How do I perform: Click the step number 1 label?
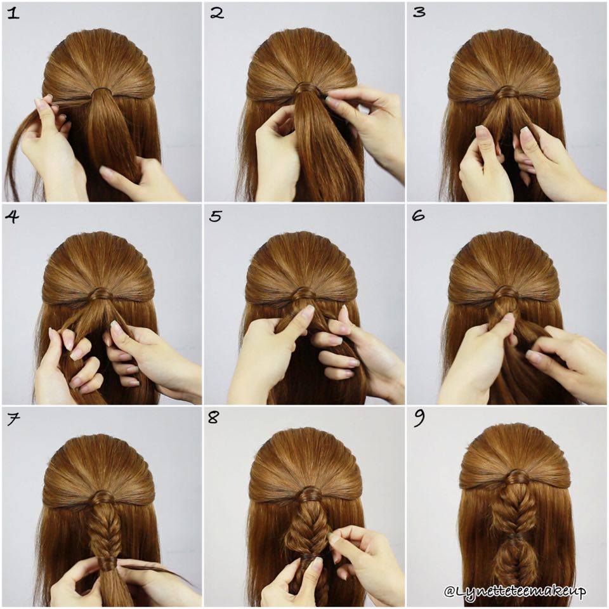[12, 13]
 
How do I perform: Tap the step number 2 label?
[217, 13]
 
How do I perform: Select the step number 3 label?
[419, 13]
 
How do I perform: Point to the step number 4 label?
[12, 216]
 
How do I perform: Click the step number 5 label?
[216, 216]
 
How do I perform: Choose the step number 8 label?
[214, 419]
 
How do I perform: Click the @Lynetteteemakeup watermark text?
[514, 591]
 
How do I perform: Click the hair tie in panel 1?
[101, 92]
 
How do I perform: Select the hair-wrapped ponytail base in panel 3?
[506, 92]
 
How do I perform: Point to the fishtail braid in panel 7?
[100, 527]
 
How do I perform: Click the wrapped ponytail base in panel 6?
[506, 293]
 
